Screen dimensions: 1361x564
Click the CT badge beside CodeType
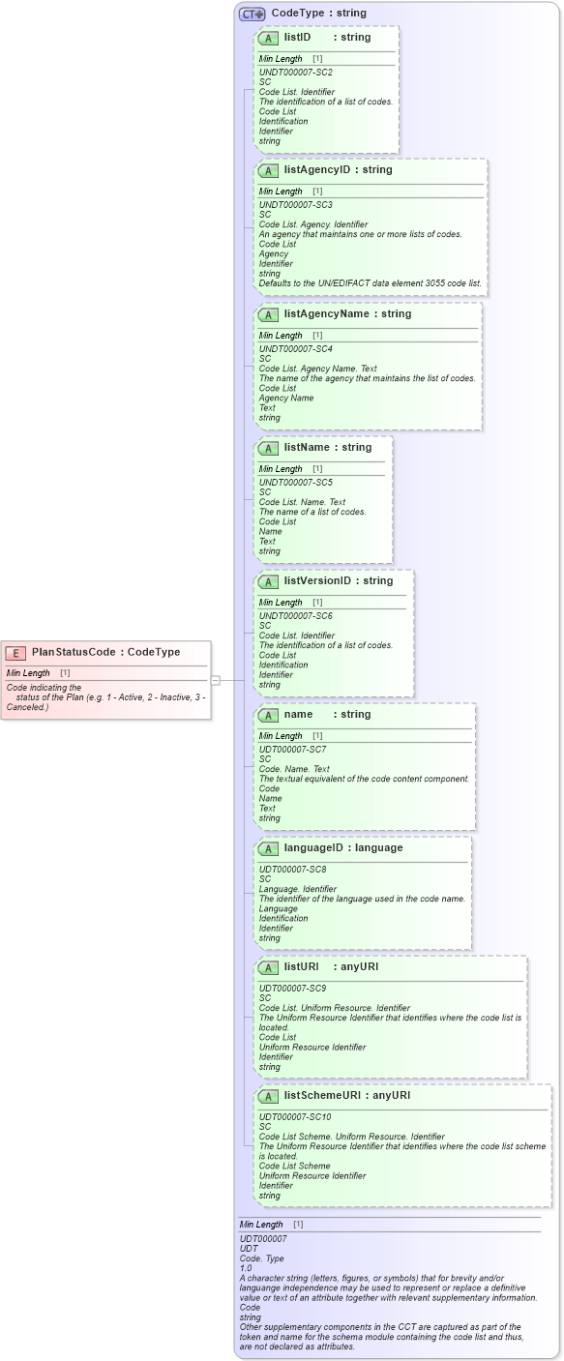[x=252, y=15]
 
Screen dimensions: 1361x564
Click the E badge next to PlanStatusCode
[x=16, y=653]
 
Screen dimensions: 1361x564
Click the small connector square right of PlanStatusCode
[x=216, y=680]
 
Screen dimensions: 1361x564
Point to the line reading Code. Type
[x=262, y=1258]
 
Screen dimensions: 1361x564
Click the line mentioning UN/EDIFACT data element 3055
[x=371, y=283]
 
